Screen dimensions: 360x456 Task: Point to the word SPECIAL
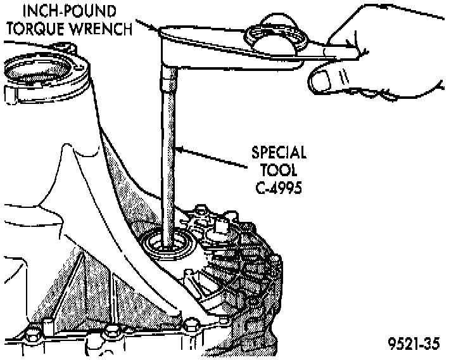279,153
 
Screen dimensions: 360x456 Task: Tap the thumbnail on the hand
324,80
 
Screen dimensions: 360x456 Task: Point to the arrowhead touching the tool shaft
180,150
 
